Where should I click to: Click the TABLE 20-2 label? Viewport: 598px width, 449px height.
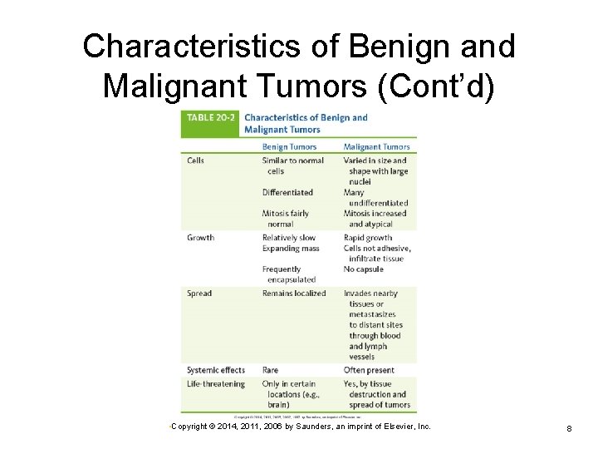click(210, 118)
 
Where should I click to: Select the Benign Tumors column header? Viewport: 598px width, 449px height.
click(289, 146)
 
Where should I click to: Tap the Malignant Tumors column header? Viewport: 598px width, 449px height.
click(377, 146)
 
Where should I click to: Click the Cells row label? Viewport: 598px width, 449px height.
click(196, 160)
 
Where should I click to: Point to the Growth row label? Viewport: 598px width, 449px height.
click(201, 238)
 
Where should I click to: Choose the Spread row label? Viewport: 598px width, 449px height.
click(199, 294)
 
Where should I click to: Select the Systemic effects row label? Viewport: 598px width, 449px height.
click(216, 370)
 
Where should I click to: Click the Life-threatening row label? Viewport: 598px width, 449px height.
click(216, 384)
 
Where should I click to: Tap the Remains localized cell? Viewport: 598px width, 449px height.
click(294, 294)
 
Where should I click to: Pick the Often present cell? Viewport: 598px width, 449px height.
click(369, 370)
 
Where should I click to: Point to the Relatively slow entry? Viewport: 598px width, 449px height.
click(289, 238)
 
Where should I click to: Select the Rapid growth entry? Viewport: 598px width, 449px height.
click(368, 238)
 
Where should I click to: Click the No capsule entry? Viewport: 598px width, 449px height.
click(364, 269)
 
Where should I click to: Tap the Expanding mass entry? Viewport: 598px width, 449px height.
click(291, 249)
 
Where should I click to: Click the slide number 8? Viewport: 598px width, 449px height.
click(569, 428)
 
